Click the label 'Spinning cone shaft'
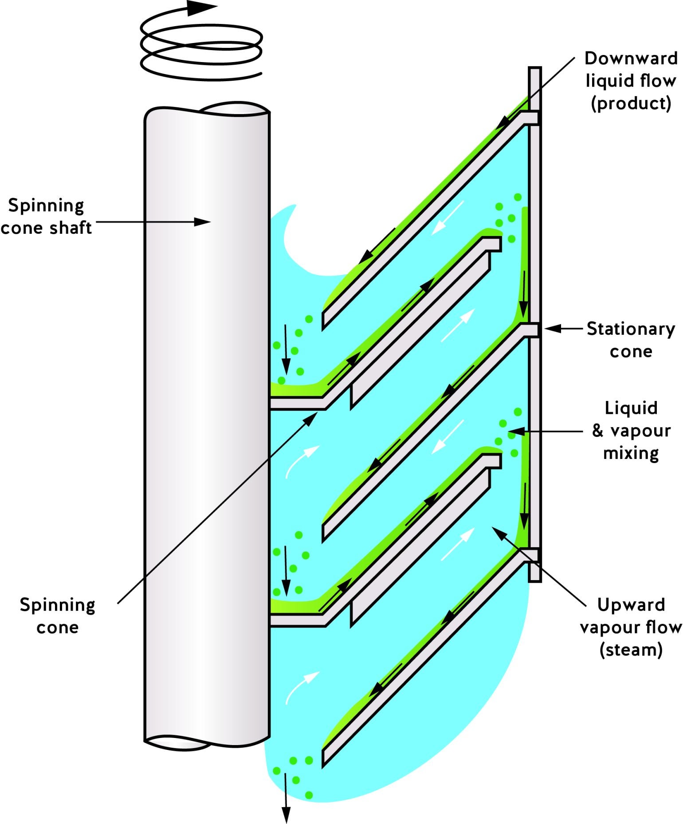click(x=46, y=217)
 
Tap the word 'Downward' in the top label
click(x=631, y=59)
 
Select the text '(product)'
click(x=631, y=104)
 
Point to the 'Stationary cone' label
click(x=631, y=340)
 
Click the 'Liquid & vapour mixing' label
click(x=631, y=431)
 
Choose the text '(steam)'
click(x=631, y=650)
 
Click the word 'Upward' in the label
click(x=631, y=605)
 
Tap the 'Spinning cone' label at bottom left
click(x=58, y=616)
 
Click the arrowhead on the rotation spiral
click(x=202, y=8)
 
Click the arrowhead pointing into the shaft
click(x=203, y=222)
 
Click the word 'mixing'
click(x=631, y=454)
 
